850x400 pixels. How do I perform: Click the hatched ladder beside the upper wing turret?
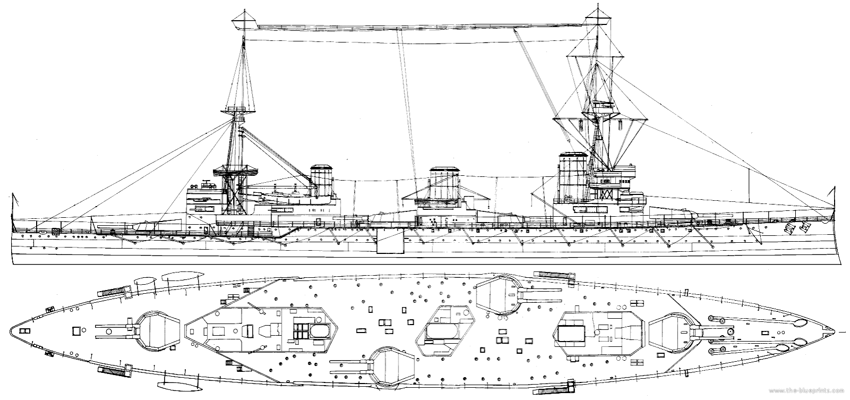[x=556, y=275]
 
